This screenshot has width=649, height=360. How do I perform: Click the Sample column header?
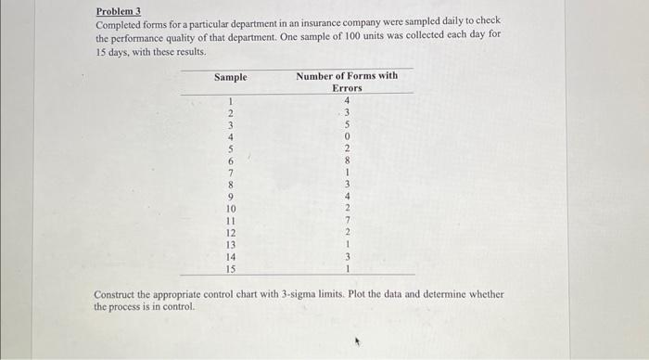click(230, 77)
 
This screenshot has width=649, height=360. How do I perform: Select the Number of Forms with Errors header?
click(347, 82)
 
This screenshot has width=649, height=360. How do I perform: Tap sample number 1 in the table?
click(230, 100)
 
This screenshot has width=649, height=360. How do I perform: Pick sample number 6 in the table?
click(230, 161)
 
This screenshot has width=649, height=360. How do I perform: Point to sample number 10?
click(230, 209)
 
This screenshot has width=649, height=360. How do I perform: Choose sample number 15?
click(230, 269)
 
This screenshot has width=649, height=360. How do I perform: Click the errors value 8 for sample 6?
click(347, 161)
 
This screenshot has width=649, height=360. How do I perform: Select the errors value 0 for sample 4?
click(347, 136)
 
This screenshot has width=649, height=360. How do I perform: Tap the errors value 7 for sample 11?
click(347, 221)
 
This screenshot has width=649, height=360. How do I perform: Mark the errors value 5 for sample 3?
click(347, 124)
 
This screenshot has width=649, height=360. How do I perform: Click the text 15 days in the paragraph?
click(111, 52)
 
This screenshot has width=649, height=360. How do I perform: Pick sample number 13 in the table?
click(230, 245)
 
